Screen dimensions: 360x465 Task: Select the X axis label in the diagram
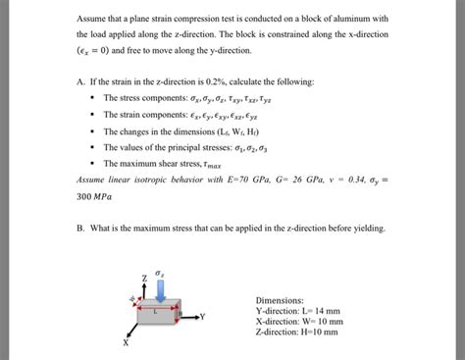point(126,343)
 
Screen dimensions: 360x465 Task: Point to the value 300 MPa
point(94,196)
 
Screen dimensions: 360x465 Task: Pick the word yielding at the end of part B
point(365,228)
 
